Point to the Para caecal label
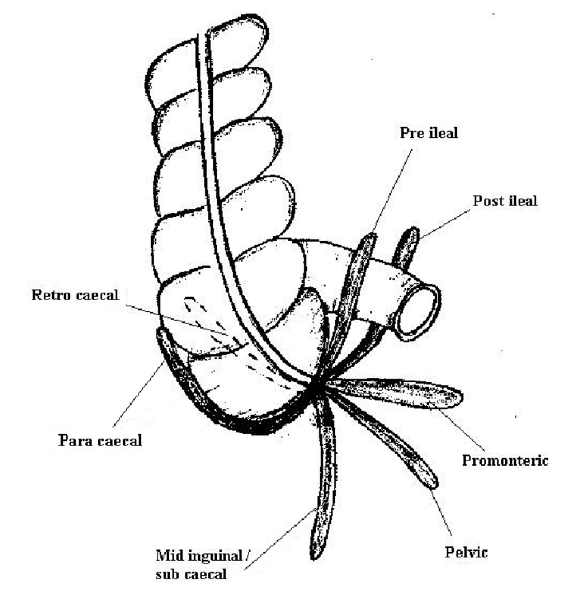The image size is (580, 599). click(x=100, y=440)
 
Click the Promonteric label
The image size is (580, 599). click(x=506, y=461)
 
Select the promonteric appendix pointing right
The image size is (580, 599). click(x=403, y=394)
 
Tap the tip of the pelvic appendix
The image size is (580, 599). click(x=431, y=481)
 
